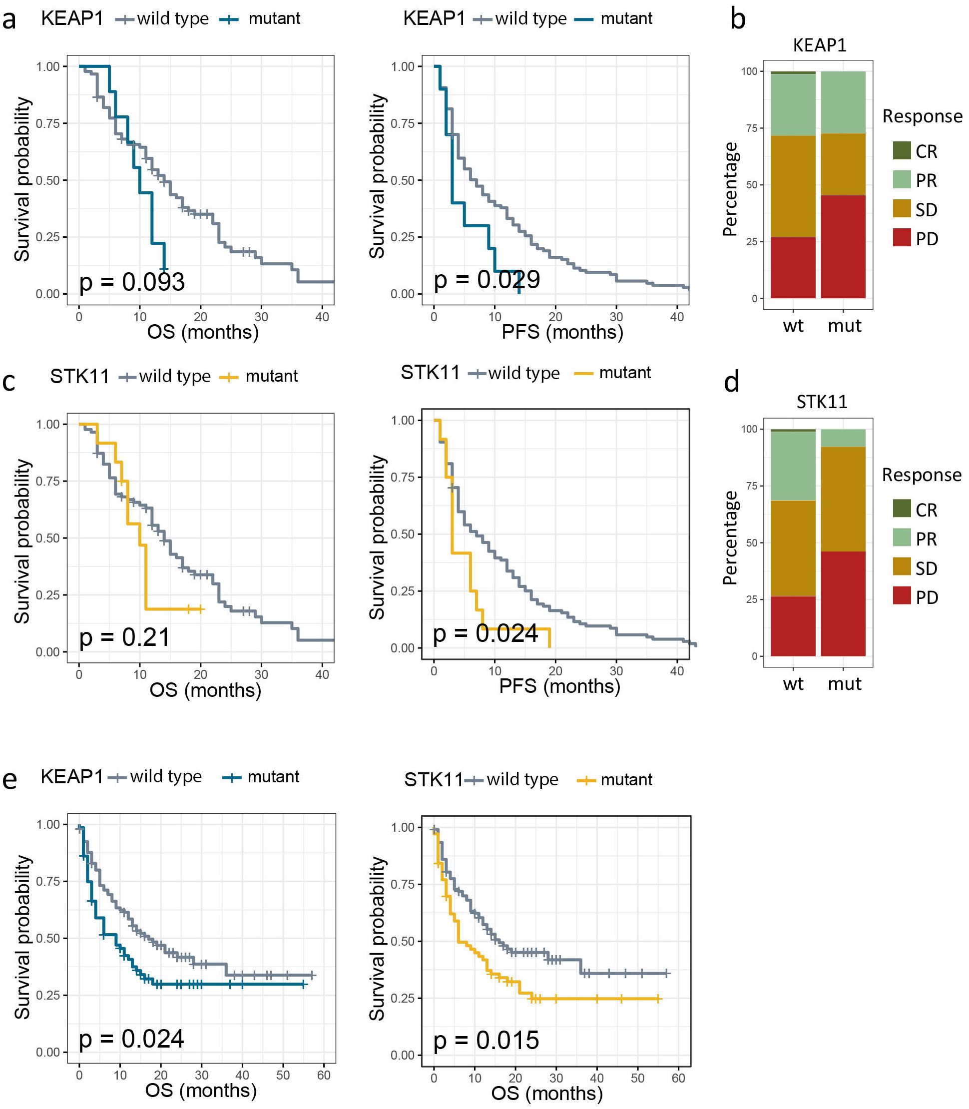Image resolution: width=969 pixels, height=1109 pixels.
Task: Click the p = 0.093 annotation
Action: (x=132, y=282)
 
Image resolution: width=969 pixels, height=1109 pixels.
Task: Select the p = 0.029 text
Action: (x=486, y=280)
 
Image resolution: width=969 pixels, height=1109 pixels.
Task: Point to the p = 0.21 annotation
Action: (x=125, y=637)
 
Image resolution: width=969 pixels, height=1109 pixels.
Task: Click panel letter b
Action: (x=738, y=19)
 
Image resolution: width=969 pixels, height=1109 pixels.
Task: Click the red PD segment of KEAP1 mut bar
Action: (x=843, y=247)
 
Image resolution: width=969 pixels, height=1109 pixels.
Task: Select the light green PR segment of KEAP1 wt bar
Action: (x=793, y=104)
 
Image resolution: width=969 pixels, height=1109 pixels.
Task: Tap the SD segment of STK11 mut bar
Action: (x=843, y=499)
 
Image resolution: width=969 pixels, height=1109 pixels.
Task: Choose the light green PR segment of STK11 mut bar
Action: (x=843, y=438)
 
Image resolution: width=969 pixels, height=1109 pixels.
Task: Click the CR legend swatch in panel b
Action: (x=902, y=151)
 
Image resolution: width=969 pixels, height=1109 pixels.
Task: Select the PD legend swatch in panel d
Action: (x=902, y=596)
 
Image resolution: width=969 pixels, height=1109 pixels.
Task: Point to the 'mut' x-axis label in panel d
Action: (x=844, y=684)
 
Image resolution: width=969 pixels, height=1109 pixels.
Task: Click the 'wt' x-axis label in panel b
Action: (x=793, y=326)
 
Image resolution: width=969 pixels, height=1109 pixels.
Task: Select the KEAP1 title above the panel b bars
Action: (x=819, y=45)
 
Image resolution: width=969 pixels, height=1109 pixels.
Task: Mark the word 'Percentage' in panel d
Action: (x=731, y=538)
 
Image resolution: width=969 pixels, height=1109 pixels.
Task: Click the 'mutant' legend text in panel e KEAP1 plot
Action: (x=273, y=777)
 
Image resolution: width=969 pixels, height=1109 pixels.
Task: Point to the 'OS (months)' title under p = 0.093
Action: (x=203, y=332)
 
